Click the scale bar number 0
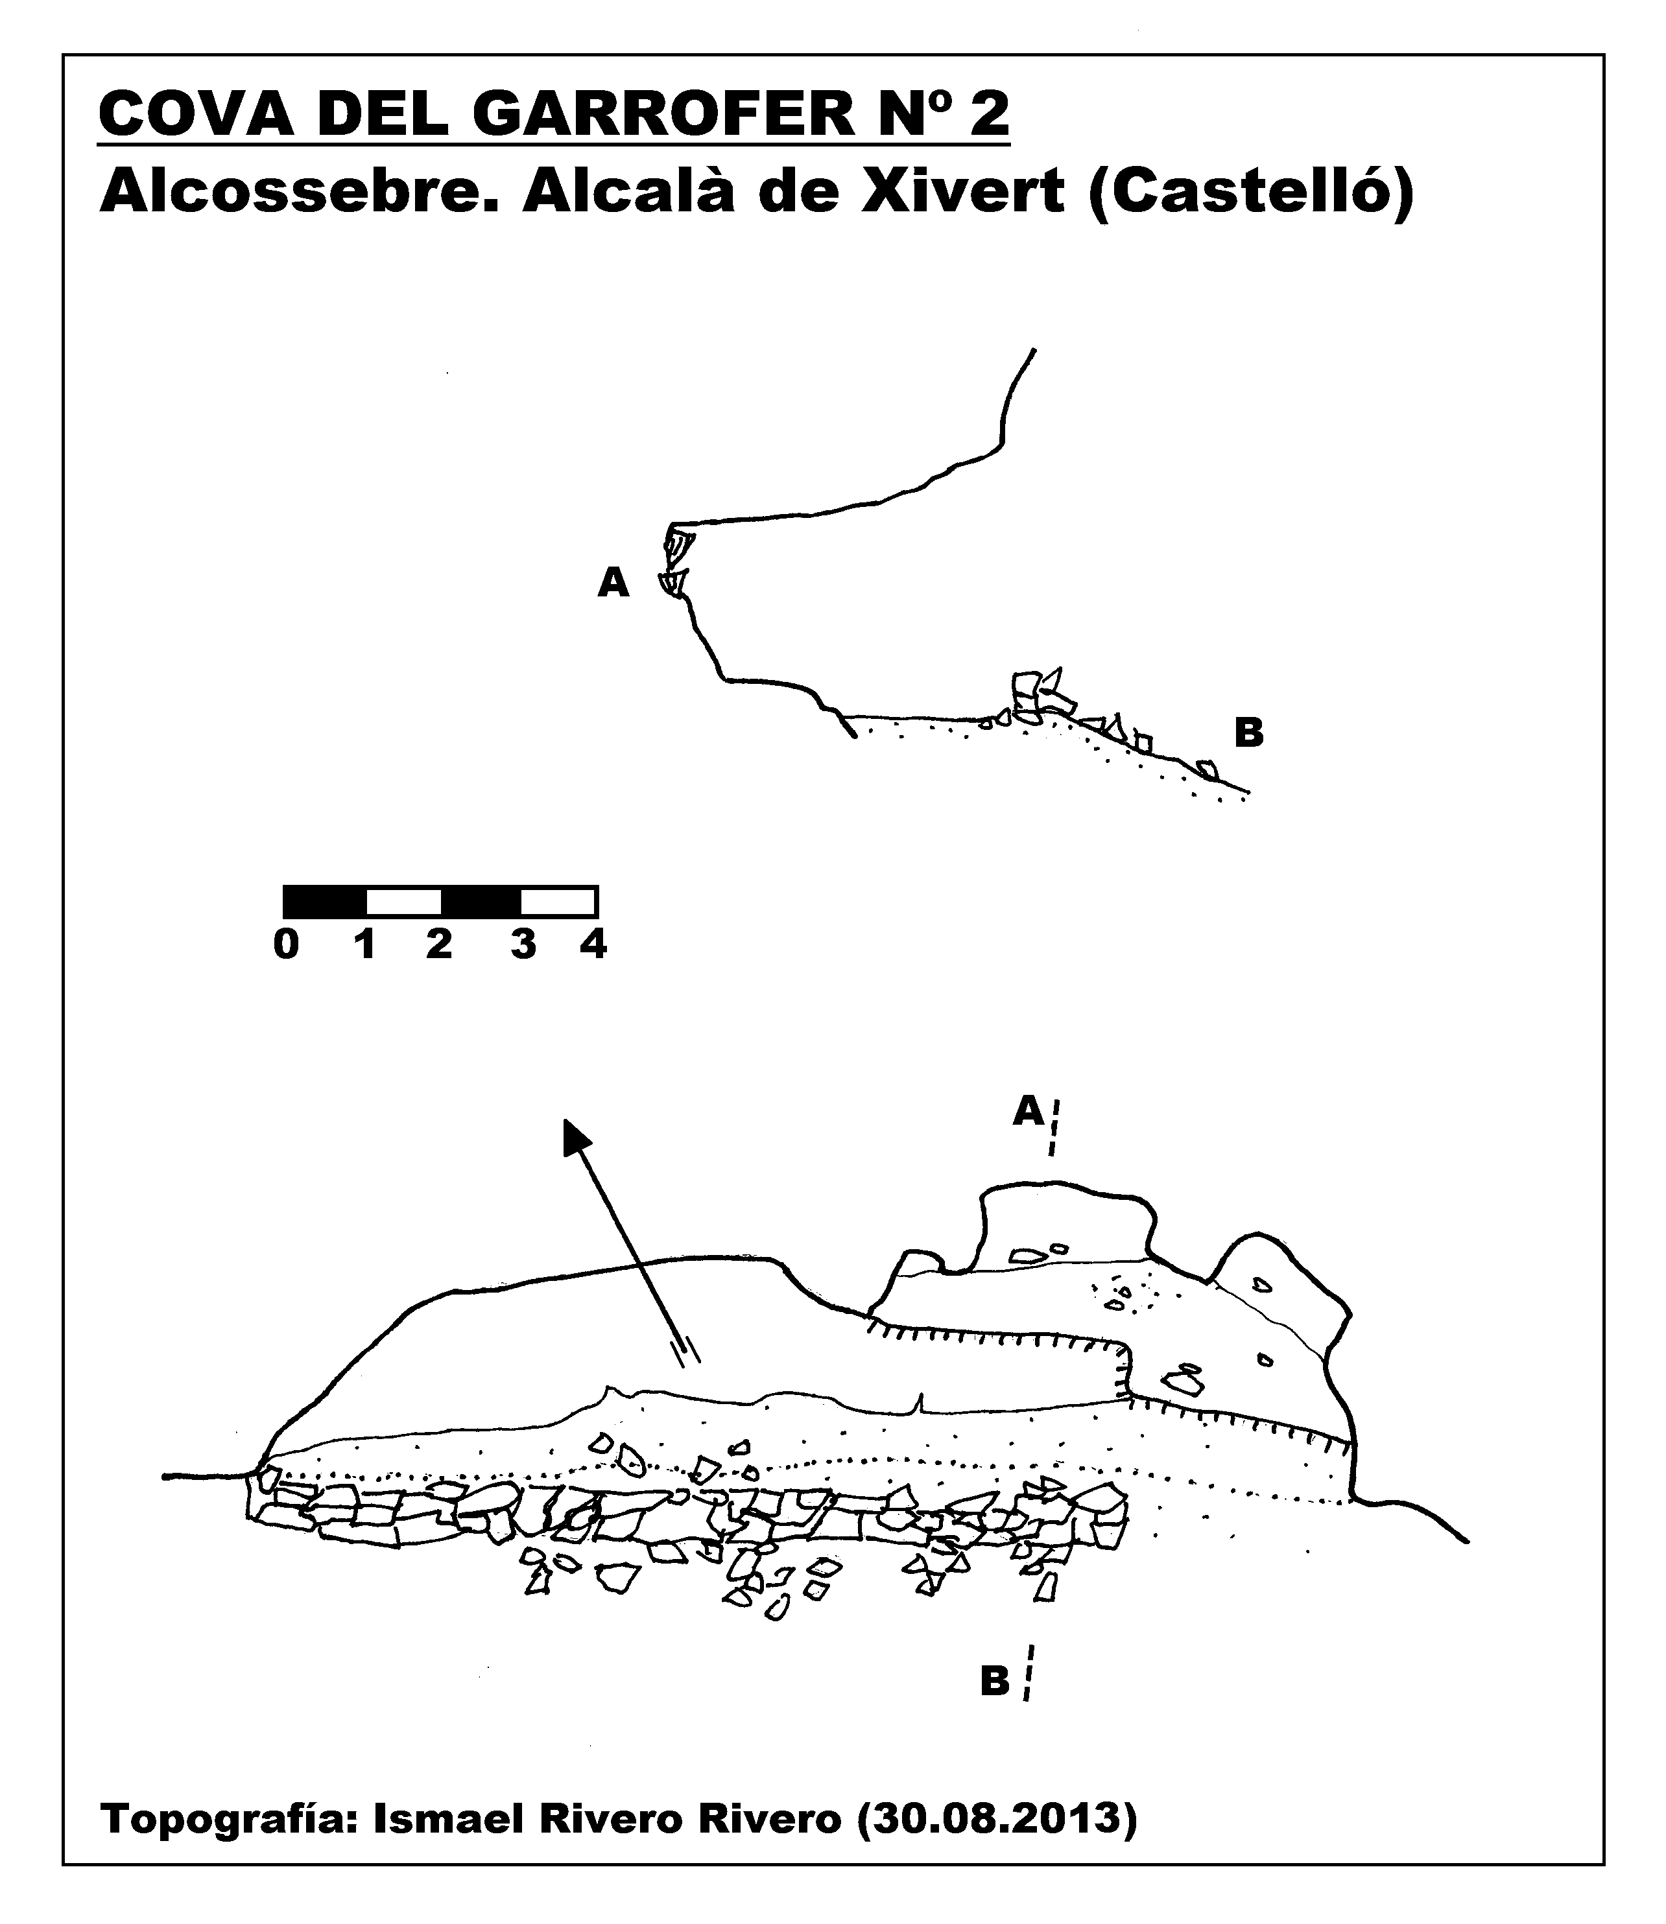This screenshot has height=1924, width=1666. click(287, 944)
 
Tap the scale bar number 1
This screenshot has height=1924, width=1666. click(364, 944)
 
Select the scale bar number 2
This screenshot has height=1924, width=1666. click(439, 944)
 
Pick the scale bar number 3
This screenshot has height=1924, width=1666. click(523, 944)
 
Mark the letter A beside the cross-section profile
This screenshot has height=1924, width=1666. click(613, 583)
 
